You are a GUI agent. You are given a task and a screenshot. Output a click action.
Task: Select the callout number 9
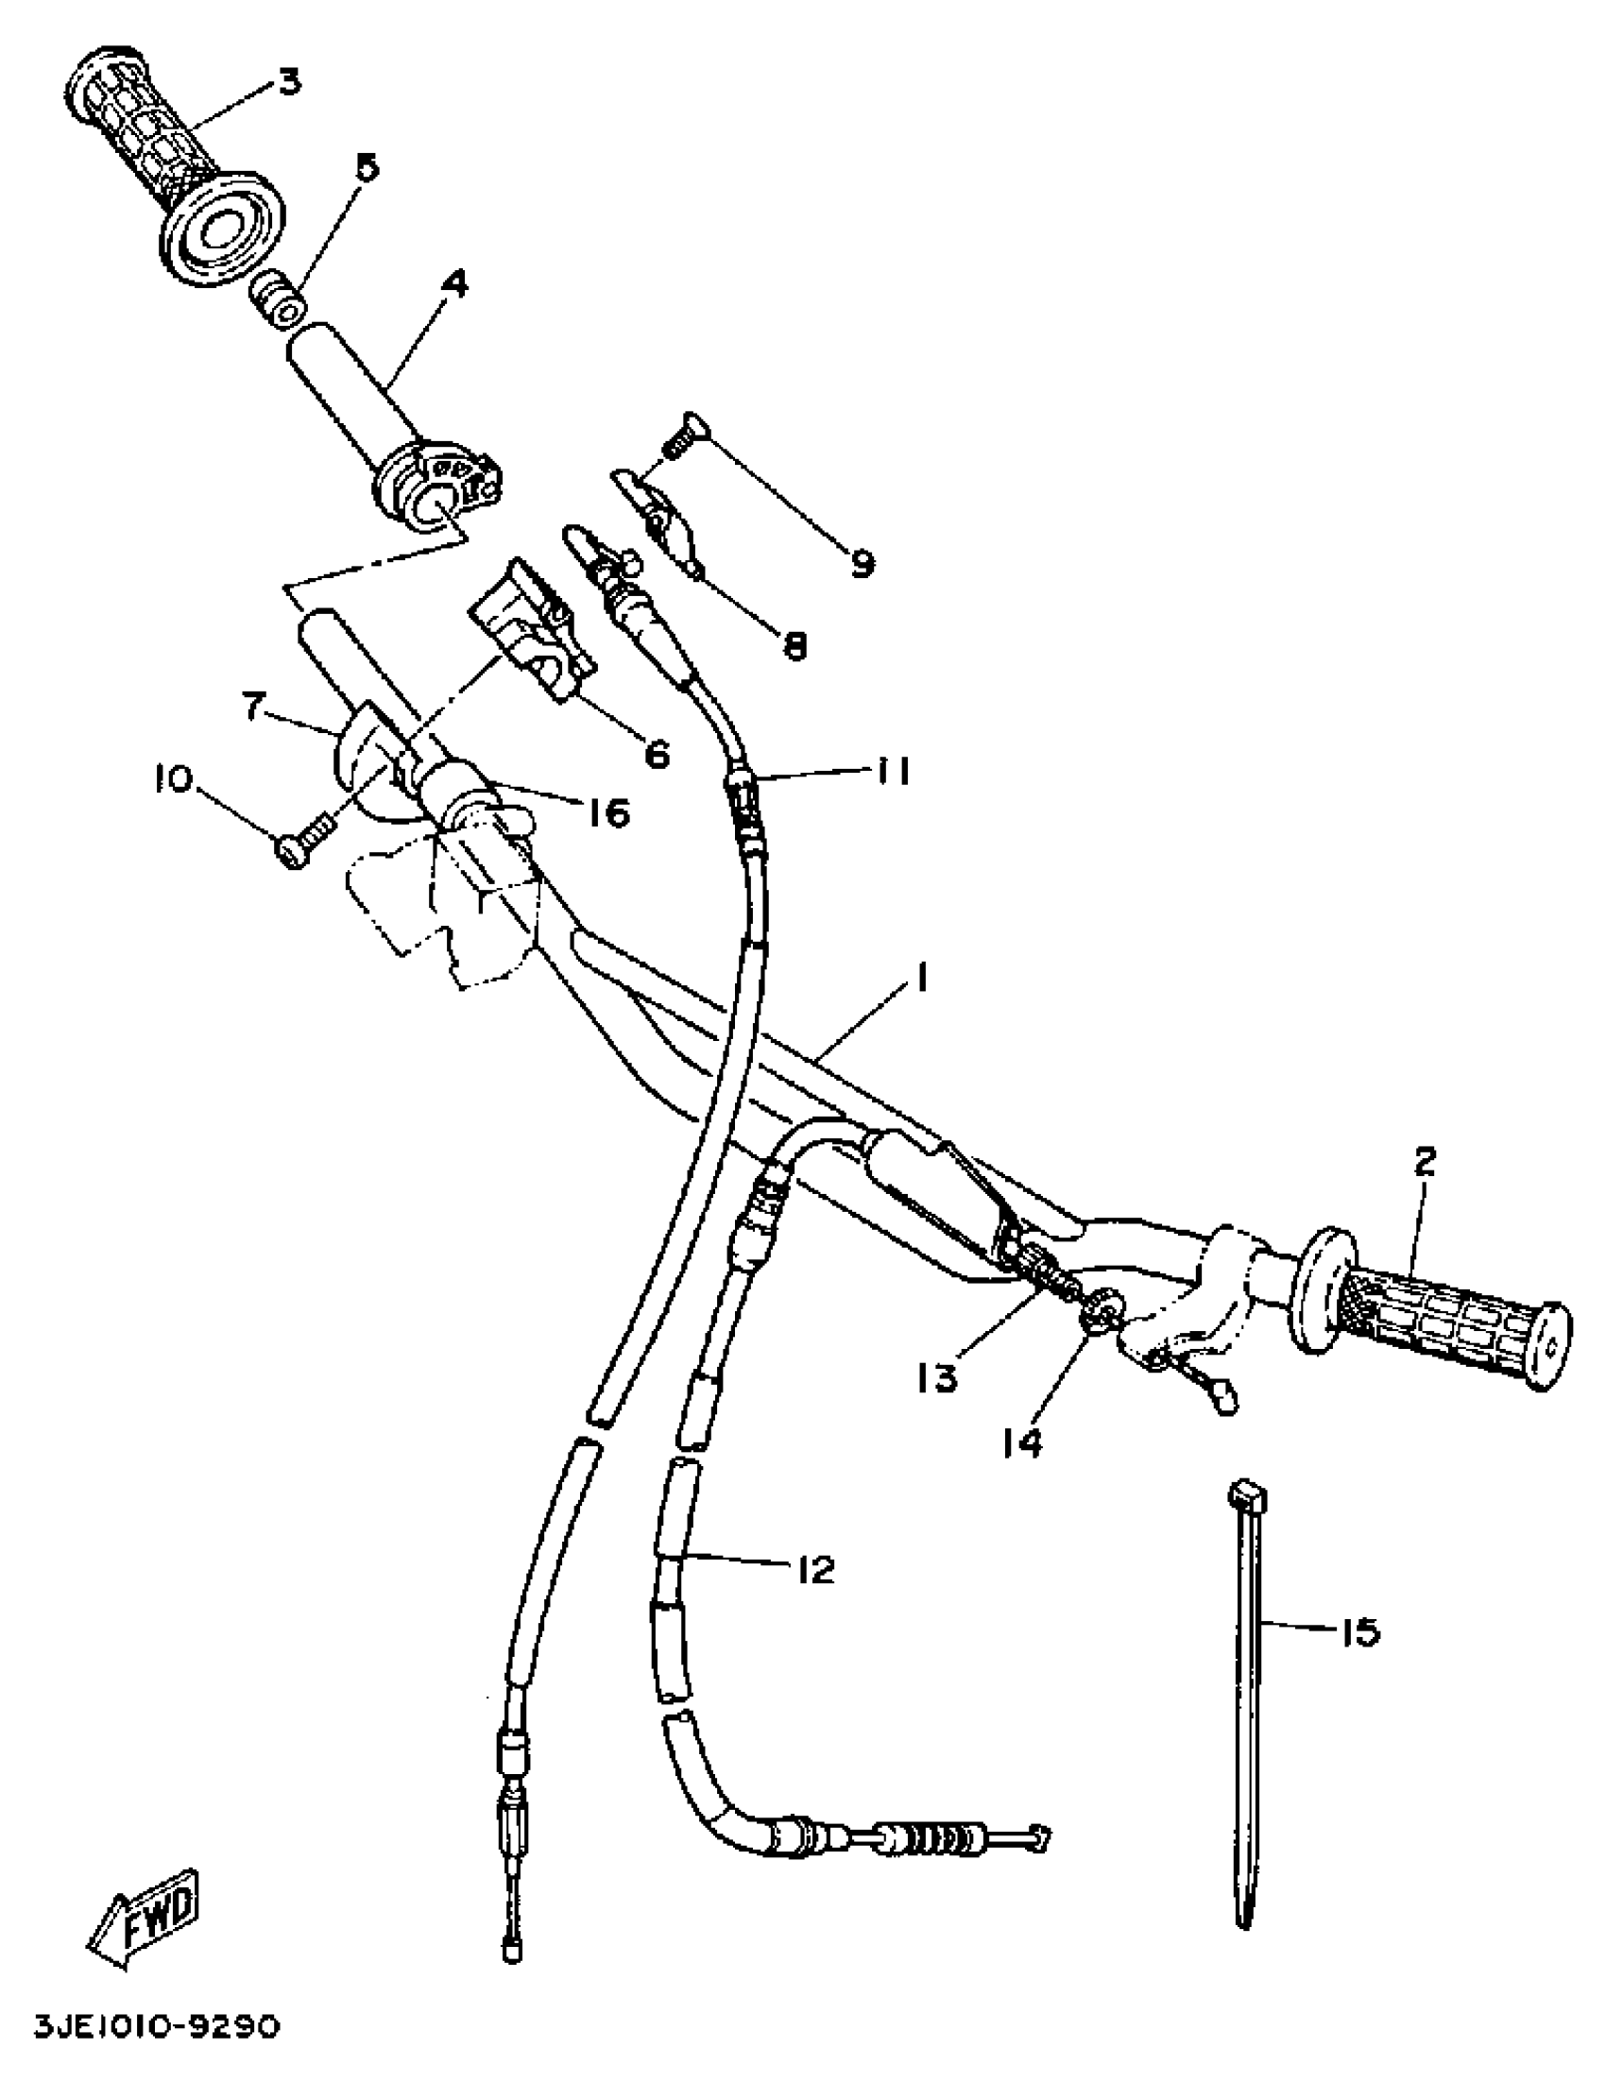(x=860, y=565)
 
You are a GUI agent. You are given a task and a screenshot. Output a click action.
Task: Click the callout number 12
(x=816, y=1569)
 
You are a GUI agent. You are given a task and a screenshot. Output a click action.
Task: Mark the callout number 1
(x=922, y=979)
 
